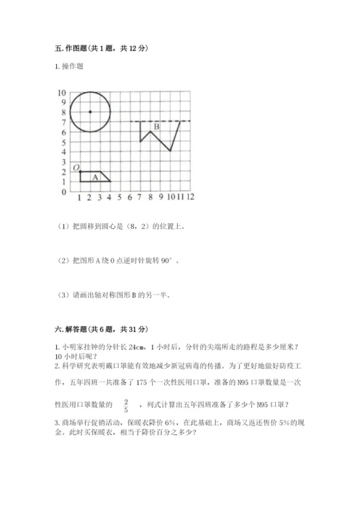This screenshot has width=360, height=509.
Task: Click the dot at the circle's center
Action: coord(90,112)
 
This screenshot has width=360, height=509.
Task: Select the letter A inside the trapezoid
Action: coord(95,177)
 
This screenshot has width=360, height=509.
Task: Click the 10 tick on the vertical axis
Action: coord(62,93)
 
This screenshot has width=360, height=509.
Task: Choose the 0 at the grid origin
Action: coord(63,192)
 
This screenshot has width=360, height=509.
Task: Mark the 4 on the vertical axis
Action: coord(63,153)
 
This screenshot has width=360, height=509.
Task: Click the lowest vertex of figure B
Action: coord(170,151)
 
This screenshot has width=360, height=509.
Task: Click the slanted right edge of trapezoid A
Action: coord(105,176)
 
